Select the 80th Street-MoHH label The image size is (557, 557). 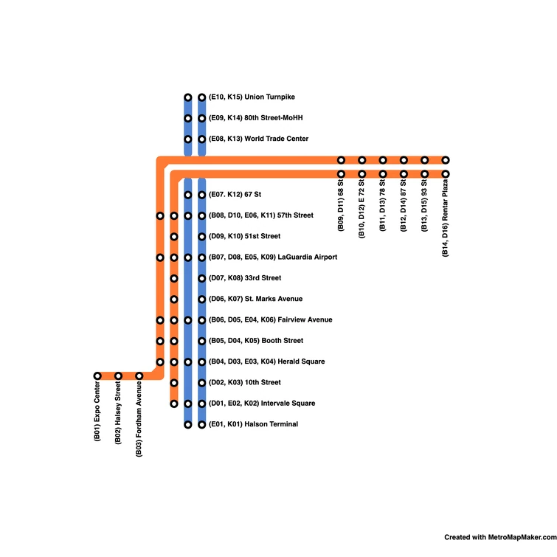pos(256,118)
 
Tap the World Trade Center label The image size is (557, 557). pos(258,139)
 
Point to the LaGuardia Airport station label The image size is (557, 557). pos(273,257)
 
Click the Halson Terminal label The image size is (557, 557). pos(253,424)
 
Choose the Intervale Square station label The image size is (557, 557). pos(262,404)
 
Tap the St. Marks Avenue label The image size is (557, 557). pos(255,299)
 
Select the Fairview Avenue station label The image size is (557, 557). pos(271,320)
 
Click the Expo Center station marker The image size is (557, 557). pos(97,376)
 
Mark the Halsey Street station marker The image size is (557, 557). pos(118,376)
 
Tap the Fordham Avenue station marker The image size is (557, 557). pos(139,376)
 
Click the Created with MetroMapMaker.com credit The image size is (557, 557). pos(499,538)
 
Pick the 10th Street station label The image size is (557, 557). pos(245,382)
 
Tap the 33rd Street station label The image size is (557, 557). pos(245,278)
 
